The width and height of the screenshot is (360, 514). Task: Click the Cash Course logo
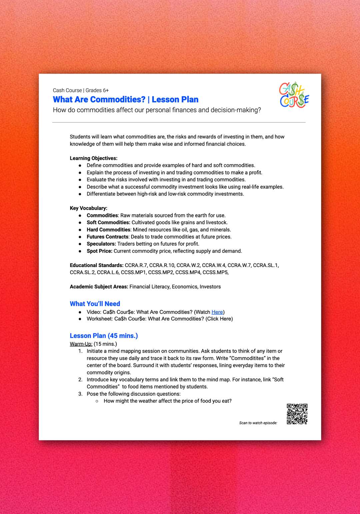pyautogui.click(x=294, y=95)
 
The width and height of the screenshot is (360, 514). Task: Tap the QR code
pyautogui.click(x=297, y=414)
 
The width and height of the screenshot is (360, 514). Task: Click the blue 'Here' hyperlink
pyautogui.click(x=217, y=312)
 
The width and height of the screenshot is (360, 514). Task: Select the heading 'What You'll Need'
pyautogui.click(x=95, y=304)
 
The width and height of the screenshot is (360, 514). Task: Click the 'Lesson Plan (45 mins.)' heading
pyautogui.click(x=104, y=336)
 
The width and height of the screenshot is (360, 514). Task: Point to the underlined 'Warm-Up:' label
pyautogui.click(x=81, y=344)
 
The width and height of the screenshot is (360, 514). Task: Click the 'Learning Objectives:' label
pyautogui.click(x=94, y=158)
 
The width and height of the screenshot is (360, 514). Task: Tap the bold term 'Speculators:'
pyautogui.click(x=101, y=244)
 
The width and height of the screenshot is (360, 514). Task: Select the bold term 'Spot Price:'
pyautogui.click(x=99, y=251)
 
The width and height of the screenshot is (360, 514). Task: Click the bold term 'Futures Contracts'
pyautogui.click(x=107, y=237)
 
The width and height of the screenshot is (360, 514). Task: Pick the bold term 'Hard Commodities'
pyautogui.click(x=108, y=230)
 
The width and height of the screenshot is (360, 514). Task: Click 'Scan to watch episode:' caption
pyautogui.click(x=258, y=423)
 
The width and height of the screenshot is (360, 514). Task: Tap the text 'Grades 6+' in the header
pyautogui.click(x=97, y=90)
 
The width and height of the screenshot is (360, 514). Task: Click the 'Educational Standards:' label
pyautogui.click(x=97, y=265)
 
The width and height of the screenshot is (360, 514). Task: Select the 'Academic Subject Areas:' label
pyautogui.click(x=99, y=287)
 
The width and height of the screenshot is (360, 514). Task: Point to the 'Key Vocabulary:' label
pyautogui.click(x=89, y=208)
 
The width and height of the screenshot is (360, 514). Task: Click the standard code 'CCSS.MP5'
pyautogui.click(x=215, y=272)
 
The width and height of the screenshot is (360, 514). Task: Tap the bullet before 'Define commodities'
pyautogui.click(x=80, y=165)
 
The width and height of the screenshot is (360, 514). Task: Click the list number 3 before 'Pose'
pyautogui.click(x=80, y=394)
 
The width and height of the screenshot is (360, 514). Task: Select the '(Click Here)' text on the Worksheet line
pyautogui.click(x=219, y=319)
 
